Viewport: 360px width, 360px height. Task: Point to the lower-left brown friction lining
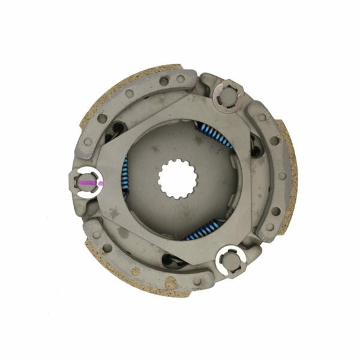click(120, 276)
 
